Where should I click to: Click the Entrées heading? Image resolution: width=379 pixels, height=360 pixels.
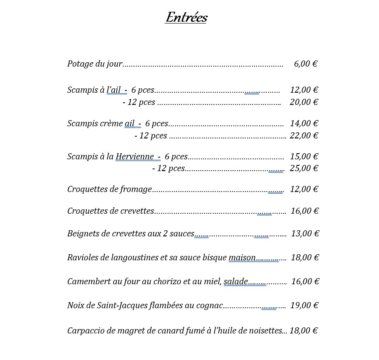(x=186, y=18)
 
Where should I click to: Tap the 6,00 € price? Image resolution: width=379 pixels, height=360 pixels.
(x=305, y=64)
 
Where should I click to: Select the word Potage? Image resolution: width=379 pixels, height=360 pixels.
(x=81, y=64)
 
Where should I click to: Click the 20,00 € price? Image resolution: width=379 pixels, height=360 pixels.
(x=304, y=102)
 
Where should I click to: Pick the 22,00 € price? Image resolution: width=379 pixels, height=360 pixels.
(x=304, y=135)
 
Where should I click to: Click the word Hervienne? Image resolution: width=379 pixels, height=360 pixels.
(x=135, y=156)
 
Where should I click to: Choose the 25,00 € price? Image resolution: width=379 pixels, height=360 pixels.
(x=304, y=168)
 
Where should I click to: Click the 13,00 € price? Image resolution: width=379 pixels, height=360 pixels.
(x=305, y=233)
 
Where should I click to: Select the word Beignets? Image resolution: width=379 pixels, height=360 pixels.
(x=83, y=233)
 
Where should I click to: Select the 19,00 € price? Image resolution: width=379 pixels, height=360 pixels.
(x=305, y=305)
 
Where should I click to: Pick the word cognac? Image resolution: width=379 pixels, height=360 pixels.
(x=209, y=306)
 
